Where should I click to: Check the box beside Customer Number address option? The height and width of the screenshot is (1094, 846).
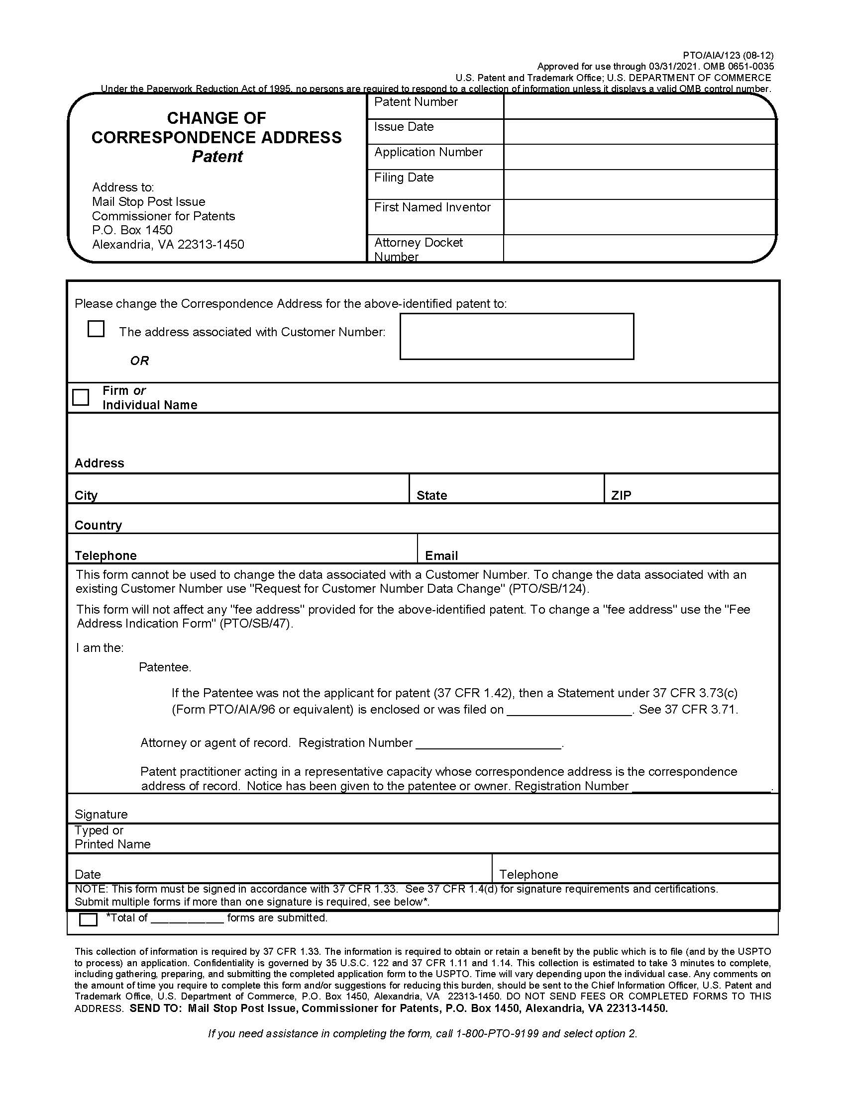(96, 329)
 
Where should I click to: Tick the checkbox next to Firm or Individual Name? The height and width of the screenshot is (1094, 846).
(81, 397)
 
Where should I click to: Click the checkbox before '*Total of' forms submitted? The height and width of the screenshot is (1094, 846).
(88, 919)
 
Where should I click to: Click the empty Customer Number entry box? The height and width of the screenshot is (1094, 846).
(516, 336)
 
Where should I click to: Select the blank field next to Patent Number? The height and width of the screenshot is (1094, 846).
(639, 107)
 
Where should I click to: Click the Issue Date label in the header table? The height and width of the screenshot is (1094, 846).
(404, 127)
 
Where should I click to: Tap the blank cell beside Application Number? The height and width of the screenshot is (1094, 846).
(639, 157)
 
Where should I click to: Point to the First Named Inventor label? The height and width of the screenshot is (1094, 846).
(432, 207)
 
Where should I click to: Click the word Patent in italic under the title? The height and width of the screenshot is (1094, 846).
(217, 157)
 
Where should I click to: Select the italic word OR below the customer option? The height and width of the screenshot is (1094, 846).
(139, 361)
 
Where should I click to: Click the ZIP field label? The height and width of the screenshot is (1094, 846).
(621, 495)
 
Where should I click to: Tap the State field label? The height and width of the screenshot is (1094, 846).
(431, 495)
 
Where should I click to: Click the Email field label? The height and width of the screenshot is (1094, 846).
(441, 555)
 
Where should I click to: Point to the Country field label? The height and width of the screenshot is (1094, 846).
(98, 526)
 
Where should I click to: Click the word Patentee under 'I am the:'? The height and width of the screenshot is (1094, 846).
(164, 667)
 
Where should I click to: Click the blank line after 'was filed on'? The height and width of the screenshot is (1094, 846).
(569, 710)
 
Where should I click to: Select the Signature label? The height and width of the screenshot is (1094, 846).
(101, 814)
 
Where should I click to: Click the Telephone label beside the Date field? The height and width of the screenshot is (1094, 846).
(528, 874)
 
